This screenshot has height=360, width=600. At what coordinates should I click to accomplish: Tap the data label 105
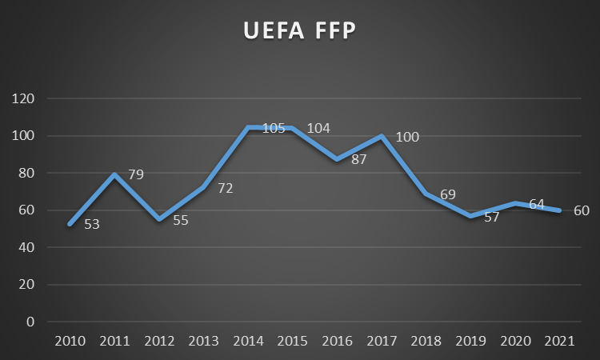point(274,129)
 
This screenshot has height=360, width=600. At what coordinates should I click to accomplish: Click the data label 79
point(136,174)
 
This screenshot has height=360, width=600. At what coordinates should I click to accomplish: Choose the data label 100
point(407,137)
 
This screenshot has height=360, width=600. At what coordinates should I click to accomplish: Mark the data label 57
point(491,217)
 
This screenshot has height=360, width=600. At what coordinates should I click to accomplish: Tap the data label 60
point(582,211)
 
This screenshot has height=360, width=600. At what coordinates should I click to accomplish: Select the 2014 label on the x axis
point(249,342)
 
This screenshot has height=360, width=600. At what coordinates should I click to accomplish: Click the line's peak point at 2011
point(114,174)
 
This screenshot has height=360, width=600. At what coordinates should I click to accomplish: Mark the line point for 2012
point(159,219)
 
